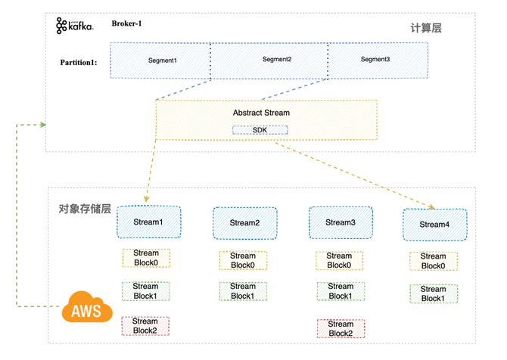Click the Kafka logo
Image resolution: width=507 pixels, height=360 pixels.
click(75, 26)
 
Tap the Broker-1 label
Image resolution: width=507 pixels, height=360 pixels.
click(126, 23)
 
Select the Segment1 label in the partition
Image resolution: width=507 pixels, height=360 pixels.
click(163, 61)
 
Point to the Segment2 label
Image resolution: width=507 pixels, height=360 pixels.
click(277, 59)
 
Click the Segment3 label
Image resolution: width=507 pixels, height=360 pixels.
click(375, 59)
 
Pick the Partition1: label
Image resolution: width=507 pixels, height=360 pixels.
click(79, 62)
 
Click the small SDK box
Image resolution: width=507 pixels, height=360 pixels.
click(260, 130)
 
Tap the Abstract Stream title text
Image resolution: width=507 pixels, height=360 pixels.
click(261, 113)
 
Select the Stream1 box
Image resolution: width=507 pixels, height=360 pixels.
click(149, 222)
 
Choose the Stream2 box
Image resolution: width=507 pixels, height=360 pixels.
click(244, 223)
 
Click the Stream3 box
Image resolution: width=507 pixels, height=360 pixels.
click(341, 222)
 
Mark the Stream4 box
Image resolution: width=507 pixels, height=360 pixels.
click(434, 225)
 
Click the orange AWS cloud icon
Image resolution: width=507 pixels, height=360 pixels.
click(87, 307)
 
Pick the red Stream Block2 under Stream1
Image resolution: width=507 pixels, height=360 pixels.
click(145, 326)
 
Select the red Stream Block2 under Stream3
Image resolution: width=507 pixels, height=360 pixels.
click(341, 329)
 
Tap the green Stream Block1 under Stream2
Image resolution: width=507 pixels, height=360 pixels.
click(243, 291)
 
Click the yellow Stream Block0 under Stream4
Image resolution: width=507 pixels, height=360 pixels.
click(434, 261)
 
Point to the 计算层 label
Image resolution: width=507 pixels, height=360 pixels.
click(426, 28)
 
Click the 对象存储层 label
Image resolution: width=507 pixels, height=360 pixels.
click(85, 209)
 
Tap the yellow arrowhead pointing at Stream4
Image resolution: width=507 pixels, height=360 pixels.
click(431, 206)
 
